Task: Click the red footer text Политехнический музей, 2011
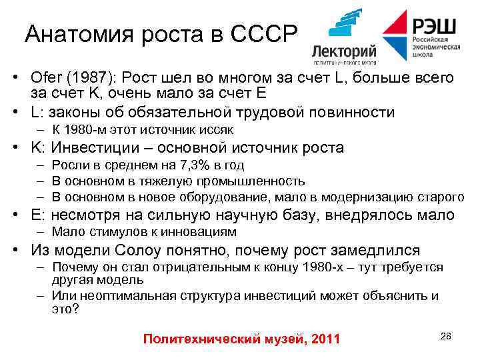(241, 339)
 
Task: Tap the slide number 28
(445, 336)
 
